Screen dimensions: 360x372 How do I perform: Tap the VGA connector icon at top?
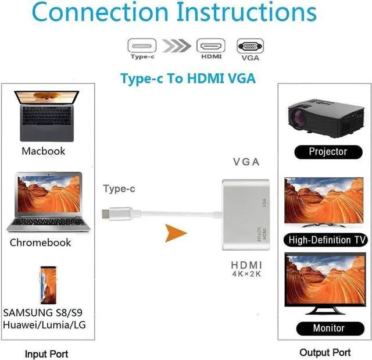coord(250,46)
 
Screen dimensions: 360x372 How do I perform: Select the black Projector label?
coord(327,152)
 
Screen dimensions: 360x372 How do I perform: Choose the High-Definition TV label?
coord(327,240)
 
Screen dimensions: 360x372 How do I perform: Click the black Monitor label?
coord(328,328)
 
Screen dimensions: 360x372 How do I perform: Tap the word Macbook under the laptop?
coord(44,151)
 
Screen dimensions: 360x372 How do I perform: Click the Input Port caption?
coord(46,353)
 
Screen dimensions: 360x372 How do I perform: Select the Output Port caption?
coord(325,352)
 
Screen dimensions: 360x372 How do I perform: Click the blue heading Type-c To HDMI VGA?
coord(187,79)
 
